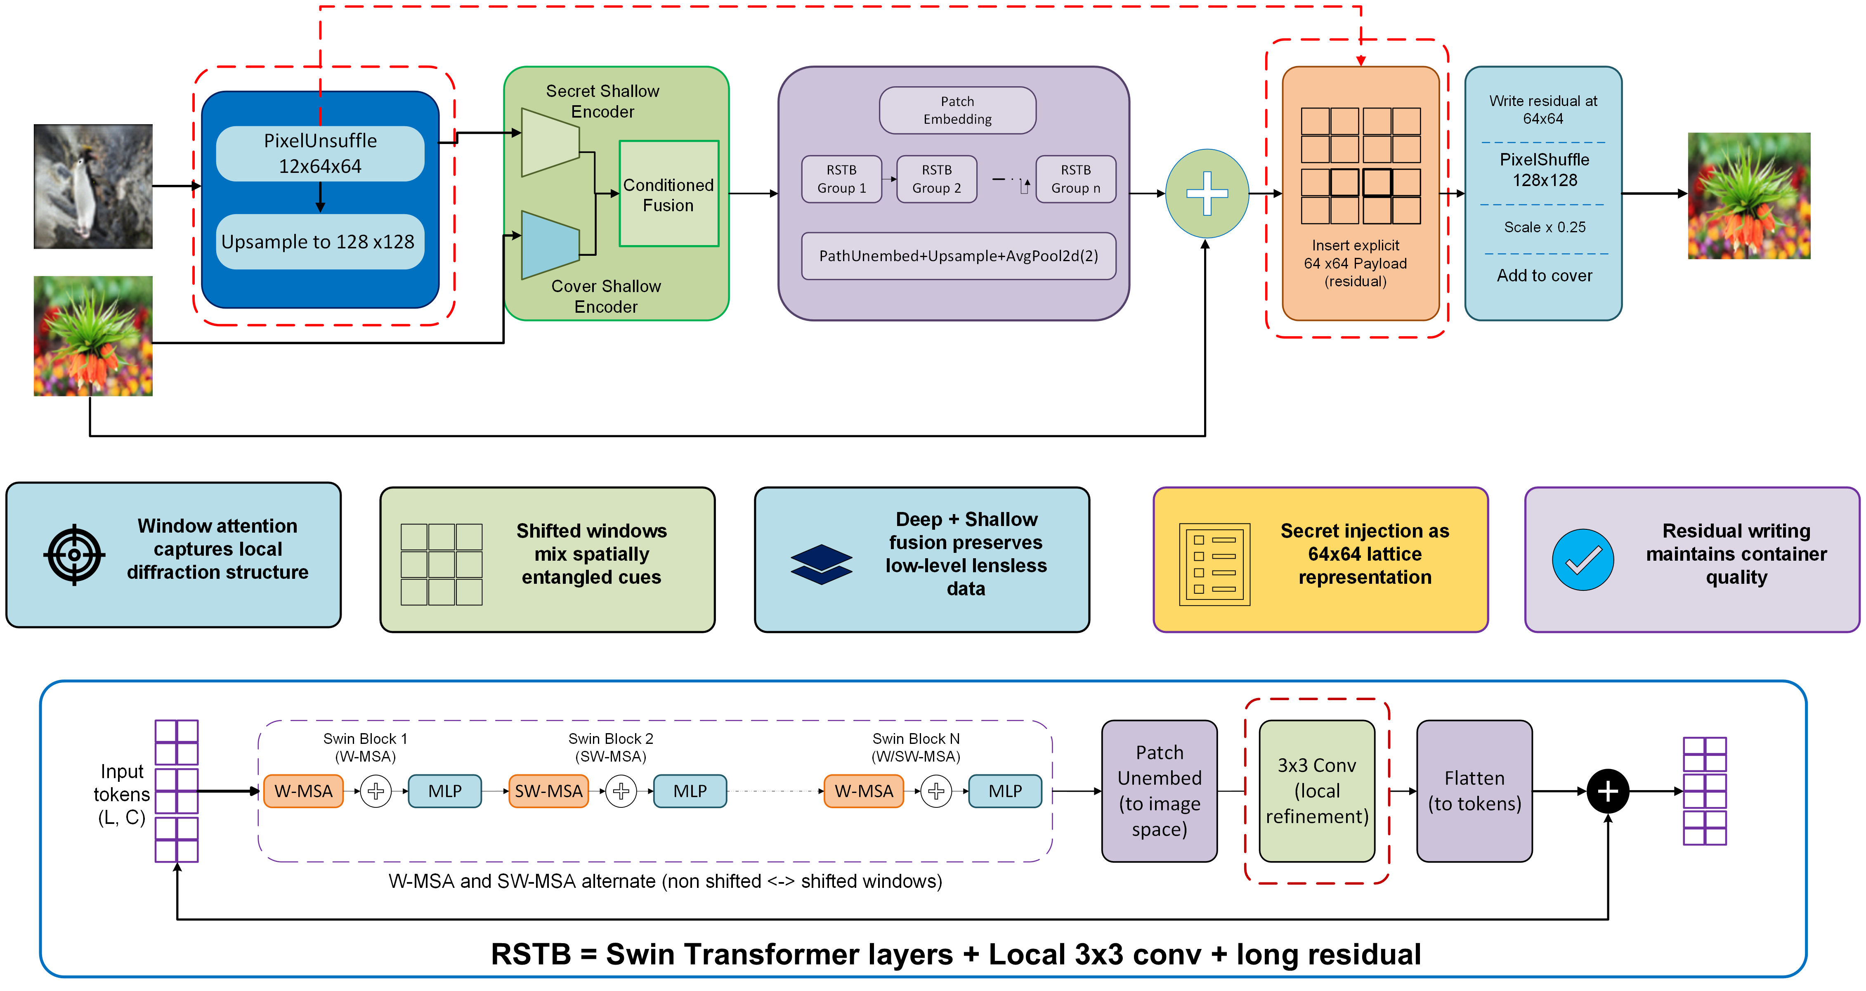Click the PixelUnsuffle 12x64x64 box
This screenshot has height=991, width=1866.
320,153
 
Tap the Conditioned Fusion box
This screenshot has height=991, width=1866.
668,194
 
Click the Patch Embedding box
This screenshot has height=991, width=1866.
958,110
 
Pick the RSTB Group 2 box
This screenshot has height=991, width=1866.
937,179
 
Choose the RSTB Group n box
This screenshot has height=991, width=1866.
1076,179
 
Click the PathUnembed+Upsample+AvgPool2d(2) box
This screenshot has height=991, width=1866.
958,256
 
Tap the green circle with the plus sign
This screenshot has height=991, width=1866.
1207,193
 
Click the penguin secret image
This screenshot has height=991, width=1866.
93,186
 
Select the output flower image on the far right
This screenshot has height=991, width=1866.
1749,196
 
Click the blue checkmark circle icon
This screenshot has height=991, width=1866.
1583,559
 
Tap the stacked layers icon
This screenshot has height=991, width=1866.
822,564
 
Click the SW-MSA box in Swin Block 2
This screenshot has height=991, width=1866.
548,791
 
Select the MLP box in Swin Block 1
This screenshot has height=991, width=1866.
445,791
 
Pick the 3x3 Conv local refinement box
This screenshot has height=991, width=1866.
1317,791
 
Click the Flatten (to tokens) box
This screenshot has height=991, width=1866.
1474,791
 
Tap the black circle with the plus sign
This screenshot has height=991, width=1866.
1608,791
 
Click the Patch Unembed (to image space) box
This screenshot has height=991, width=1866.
1159,791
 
